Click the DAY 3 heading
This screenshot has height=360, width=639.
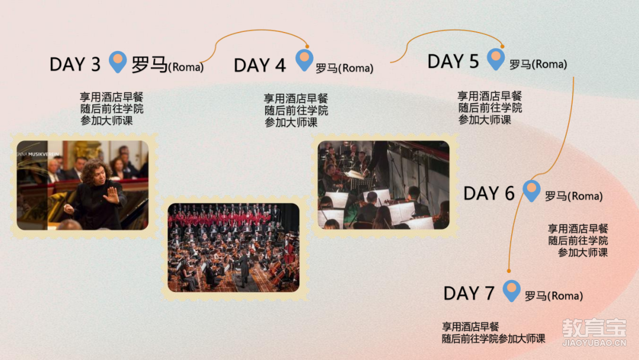75,65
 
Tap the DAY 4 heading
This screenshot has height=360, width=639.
260,66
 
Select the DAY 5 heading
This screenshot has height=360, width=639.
453,62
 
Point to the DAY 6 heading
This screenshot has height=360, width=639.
489,194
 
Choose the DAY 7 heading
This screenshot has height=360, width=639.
469,294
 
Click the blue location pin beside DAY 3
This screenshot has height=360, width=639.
118,62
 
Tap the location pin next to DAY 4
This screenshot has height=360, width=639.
305,60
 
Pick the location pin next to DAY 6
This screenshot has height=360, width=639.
532,191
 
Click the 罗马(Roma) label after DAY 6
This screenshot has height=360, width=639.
574,196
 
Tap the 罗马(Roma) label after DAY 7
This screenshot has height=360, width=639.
554,296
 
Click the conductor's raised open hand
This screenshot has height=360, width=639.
111,195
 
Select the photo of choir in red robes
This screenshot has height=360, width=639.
234,247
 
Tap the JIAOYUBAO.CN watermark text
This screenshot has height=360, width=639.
594,343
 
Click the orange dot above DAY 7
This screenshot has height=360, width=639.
509,271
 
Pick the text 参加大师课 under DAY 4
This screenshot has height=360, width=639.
291,123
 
